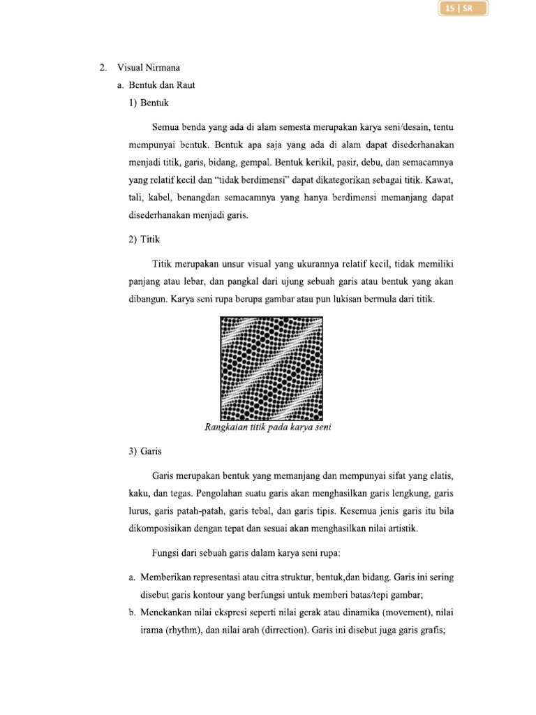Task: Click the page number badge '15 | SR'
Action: (x=463, y=10)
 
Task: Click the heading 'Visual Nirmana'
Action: (x=149, y=68)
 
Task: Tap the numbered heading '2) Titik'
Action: (x=144, y=239)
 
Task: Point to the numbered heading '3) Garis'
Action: (x=145, y=452)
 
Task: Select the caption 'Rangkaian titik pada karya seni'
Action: (x=267, y=428)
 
